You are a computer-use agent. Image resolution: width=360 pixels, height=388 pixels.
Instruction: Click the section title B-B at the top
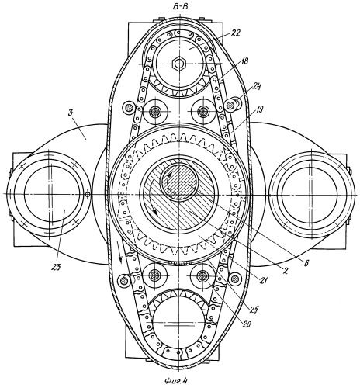point(182,7)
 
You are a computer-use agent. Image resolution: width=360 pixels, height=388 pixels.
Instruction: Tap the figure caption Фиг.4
point(176,381)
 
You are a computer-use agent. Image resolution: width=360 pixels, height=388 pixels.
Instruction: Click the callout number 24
point(256,86)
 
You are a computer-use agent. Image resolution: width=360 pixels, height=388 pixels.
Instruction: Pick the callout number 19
point(259,110)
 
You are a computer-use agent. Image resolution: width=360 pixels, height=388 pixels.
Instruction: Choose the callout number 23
point(56,267)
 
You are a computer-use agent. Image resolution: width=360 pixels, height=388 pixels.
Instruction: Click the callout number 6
point(306,263)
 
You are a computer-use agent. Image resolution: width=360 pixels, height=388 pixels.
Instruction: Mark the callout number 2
point(286,271)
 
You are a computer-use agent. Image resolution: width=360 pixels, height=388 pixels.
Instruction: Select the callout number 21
point(265,280)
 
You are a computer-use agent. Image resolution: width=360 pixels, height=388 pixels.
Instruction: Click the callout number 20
point(246,324)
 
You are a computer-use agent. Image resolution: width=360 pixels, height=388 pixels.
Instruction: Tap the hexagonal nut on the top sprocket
point(178,63)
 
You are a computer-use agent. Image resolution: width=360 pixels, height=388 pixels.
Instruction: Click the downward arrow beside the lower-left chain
point(119,252)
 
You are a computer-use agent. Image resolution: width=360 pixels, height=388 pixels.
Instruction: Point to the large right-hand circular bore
point(310,194)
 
